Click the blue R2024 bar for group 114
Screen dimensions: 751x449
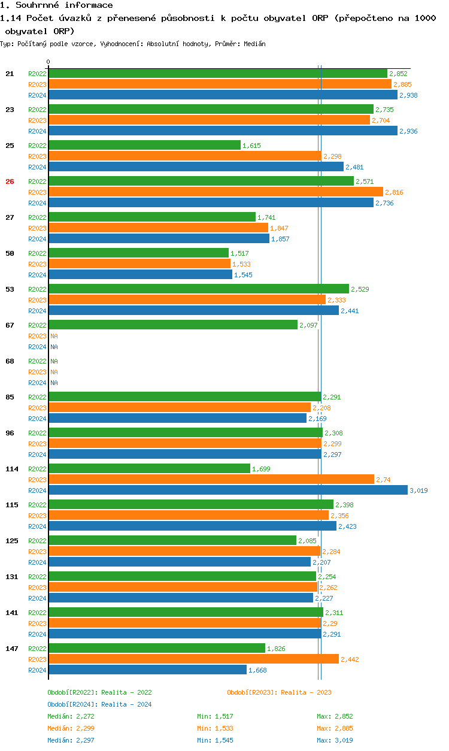click(227, 490)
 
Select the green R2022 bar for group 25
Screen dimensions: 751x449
click(144, 145)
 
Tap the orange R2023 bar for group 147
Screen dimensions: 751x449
click(193, 659)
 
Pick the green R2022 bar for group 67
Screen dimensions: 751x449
click(173, 325)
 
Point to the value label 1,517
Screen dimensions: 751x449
click(239, 253)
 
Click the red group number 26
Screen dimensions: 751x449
click(10, 181)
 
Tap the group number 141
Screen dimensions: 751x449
click(12, 613)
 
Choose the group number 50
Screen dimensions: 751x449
click(10, 253)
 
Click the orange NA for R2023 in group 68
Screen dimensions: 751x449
click(54, 372)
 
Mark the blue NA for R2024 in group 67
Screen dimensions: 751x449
click(54, 347)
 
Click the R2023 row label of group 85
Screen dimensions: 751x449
click(37, 408)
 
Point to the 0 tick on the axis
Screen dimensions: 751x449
click(48, 62)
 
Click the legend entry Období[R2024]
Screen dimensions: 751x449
click(73, 704)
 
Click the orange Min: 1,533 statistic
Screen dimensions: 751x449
click(215, 728)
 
